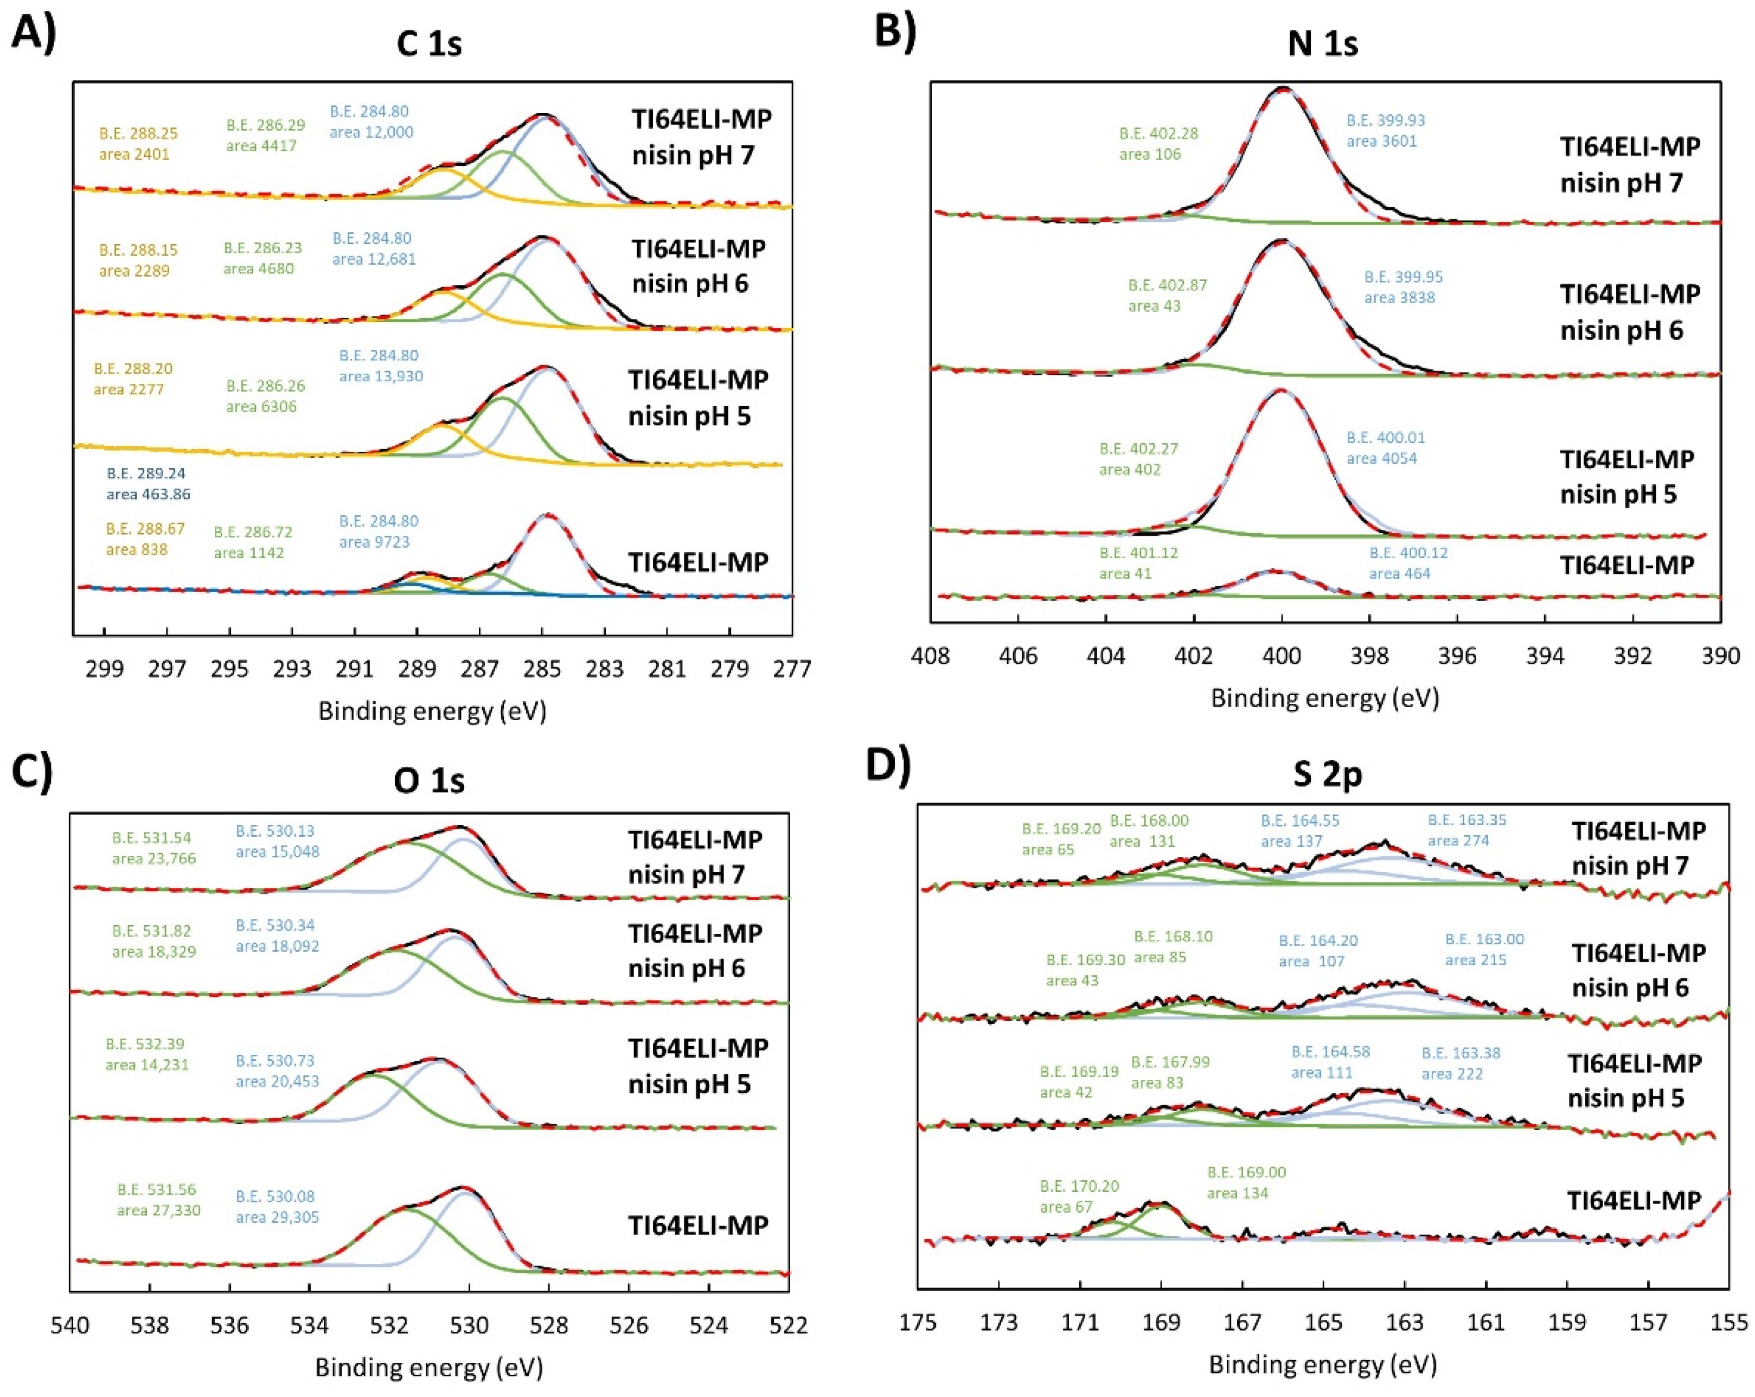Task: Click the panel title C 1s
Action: click(429, 43)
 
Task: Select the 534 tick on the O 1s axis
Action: click(309, 1324)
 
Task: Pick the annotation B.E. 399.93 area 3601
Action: click(1386, 130)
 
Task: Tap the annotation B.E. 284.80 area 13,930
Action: click(381, 366)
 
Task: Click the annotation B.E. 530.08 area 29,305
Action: click(277, 1207)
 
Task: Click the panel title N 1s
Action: click(1322, 43)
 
